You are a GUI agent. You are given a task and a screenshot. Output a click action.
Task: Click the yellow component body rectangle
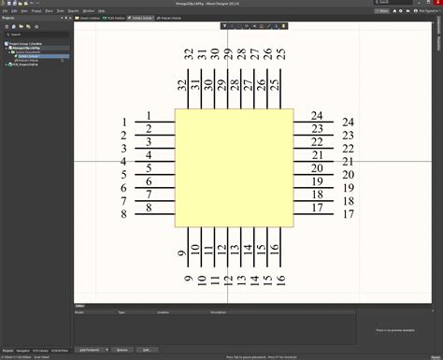[x=235, y=167]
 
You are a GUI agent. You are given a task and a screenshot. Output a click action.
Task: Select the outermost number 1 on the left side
[x=123, y=122]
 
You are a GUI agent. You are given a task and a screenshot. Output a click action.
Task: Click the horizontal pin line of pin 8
[x=155, y=214]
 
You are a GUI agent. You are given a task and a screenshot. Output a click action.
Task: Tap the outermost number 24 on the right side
[x=348, y=122]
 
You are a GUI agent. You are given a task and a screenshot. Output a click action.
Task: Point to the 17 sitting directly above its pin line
[x=318, y=209]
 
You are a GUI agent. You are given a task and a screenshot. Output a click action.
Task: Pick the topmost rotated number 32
[x=189, y=55]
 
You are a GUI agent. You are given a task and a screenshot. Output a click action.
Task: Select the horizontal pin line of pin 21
[x=308, y=162]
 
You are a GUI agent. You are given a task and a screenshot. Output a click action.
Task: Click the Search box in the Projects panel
[x=37, y=35]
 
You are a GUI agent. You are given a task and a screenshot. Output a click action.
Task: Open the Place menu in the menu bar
[x=36, y=9]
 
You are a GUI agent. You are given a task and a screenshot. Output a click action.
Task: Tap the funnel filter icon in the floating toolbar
[x=225, y=24]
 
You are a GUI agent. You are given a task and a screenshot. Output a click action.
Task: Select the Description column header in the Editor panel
[x=218, y=311]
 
